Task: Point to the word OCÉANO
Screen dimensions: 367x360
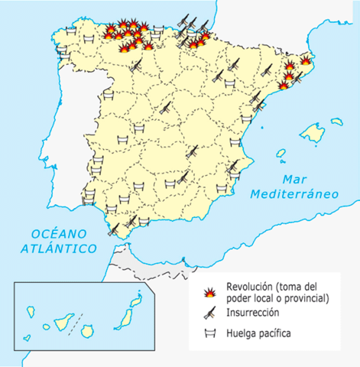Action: pos(56,233)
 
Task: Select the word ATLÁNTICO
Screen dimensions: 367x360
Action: pos(59,248)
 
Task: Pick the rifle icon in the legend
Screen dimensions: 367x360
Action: pos(208,312)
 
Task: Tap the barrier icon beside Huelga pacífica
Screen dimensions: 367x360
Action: pos(208,333)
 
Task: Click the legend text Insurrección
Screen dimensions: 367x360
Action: pos(252,313)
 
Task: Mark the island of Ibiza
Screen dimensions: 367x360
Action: pos(281,154)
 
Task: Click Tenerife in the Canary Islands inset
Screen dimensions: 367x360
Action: pos(63,321)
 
